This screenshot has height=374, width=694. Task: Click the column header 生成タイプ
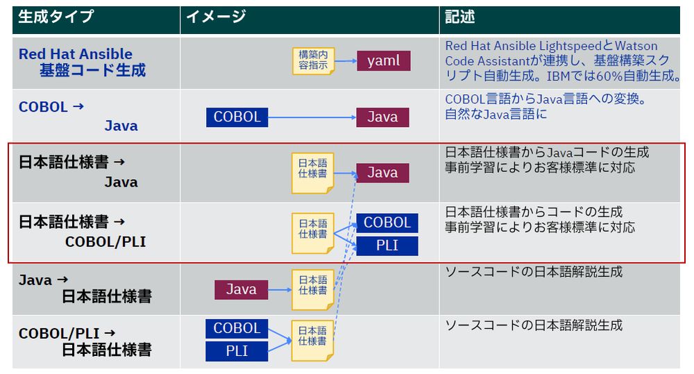pos(56,17)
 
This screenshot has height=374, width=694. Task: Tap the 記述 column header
pos(460,17)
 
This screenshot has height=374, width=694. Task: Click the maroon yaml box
pos(383,60)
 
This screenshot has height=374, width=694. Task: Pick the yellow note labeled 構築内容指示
pos(312,60)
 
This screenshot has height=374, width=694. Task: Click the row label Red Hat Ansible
pos(75,54)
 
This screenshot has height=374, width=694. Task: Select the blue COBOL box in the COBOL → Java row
pos(237,117)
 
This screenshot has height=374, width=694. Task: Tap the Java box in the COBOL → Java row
pos(382,117)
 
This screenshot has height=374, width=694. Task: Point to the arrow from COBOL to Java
pos(312,117)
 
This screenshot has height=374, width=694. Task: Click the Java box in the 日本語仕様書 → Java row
pos(382,173)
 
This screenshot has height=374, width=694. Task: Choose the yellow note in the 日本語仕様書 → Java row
pos(312,173)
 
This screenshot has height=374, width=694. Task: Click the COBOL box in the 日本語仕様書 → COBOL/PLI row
pos(387,223)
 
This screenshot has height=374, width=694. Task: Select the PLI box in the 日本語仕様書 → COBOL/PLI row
pos(387,246)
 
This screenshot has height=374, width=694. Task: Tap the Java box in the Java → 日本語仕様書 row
pos(241,289)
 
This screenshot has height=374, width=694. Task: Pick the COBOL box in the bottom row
pos(237,328)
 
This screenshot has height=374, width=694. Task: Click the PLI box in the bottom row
pos(237,351)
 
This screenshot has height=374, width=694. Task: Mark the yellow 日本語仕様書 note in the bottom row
pos(312,339)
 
